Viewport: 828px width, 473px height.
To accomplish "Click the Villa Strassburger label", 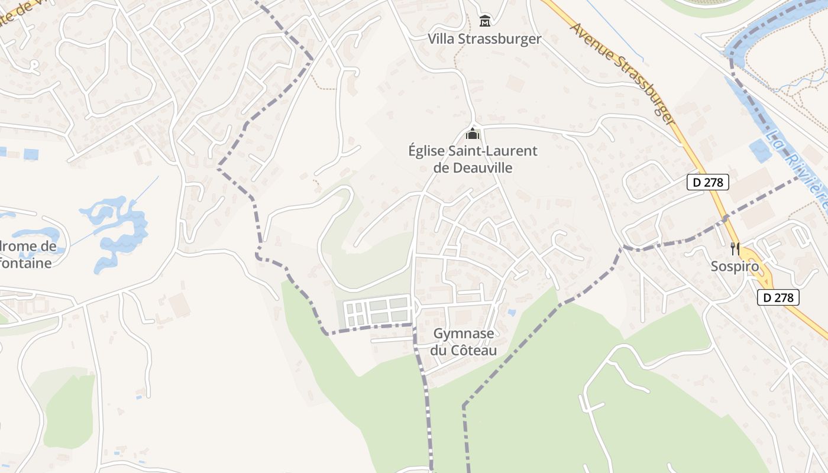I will (x=484, y=39).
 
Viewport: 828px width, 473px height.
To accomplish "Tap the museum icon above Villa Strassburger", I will (x=485, y=21).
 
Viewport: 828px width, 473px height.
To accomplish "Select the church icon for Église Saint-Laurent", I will (x=472, y=134).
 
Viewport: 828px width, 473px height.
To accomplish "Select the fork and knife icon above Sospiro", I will (x=735, y=248).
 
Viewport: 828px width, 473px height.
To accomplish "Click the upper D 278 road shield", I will (x=707, y=182).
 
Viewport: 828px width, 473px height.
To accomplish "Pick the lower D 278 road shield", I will (x=778, y=297).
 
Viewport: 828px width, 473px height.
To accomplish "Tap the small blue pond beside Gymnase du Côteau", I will (x=511, y=312).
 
